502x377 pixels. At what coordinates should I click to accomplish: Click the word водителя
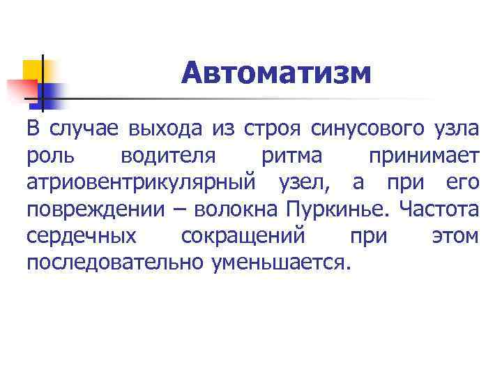click(x=164, y=156)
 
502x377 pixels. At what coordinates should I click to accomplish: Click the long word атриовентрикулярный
click(x=140, y=183)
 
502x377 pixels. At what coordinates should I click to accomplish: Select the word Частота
click(x=441, y=209)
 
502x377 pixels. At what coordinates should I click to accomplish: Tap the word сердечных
click(x=82, y=236)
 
